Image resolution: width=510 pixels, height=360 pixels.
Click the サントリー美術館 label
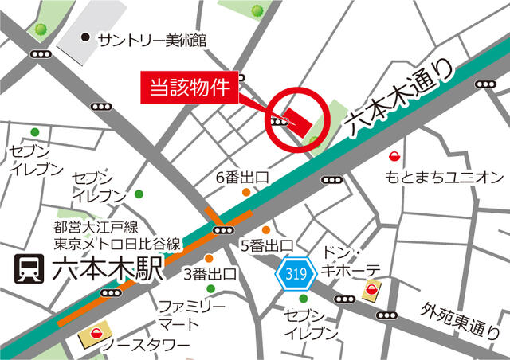pos(151,39)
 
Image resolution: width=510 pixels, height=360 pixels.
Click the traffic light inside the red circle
pos(279,122)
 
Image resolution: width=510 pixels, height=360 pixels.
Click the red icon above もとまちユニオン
pos(394,155)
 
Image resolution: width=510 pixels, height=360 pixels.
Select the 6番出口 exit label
pos(242,177)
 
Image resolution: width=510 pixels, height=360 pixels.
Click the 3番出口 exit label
pos(210,275)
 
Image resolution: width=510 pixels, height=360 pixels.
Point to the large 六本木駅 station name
pos(107,268)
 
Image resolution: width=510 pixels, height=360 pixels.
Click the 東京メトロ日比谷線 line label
pos(117,243)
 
